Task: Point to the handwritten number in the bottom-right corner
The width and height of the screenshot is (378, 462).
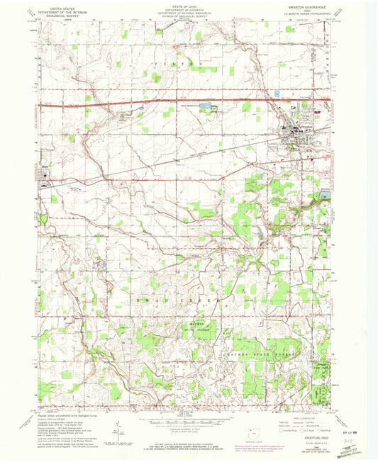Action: pyautogui.click(x=348, y=439)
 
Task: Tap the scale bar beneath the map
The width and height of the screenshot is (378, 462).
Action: pyautogui.click(x=187, y=419)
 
